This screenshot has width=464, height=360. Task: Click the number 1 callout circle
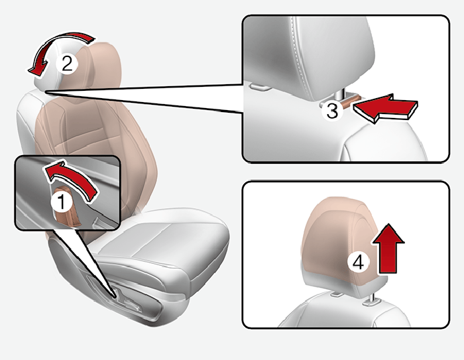point(61,202)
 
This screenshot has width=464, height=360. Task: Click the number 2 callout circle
point(67,63)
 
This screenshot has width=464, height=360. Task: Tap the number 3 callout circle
point(332,111)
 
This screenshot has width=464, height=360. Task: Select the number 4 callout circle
point(359,263)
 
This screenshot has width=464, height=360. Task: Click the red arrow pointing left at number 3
point(384,108)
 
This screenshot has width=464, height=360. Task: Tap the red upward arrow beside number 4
point(388,249)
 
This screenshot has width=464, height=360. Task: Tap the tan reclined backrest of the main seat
point(95,154)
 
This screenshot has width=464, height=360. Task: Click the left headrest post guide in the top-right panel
point(259,86)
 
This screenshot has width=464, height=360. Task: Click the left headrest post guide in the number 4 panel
point(337,294)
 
